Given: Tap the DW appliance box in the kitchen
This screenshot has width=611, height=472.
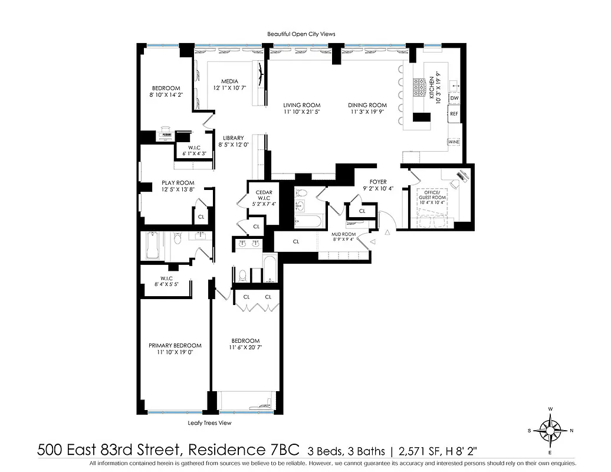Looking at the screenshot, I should click(454, 98).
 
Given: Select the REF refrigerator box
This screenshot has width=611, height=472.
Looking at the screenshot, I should click(454, 113).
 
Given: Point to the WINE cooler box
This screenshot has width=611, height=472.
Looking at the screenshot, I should click(454, 142).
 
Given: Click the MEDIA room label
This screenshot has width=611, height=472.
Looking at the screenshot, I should click(229, 81).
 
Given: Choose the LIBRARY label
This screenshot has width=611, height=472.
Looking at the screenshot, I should click(233, 138).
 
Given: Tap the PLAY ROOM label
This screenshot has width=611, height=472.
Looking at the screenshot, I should click(178, 183).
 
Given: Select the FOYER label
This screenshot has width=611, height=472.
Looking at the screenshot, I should click(377, 182).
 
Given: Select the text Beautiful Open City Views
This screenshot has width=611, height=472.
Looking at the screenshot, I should click(301, 34).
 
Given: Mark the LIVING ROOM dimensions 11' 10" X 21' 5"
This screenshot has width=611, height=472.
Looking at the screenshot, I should click(301, 112).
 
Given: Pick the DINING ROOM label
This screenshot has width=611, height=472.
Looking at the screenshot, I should click(369, 105).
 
